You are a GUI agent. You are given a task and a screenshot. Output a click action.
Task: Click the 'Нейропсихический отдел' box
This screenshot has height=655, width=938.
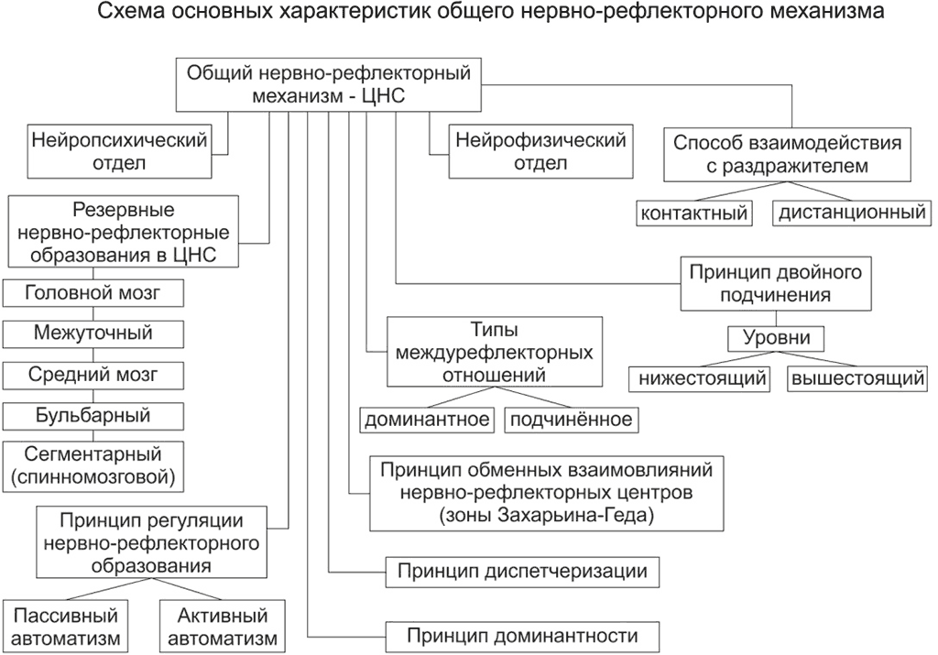pyautogui.click(x=119, y=151)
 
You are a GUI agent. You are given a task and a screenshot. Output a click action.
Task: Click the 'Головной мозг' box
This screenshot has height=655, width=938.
pyautogui.click(x=93, y=292)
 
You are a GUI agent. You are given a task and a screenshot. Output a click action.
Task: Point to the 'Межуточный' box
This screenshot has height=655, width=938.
pyautogui.click(x=93, y=333)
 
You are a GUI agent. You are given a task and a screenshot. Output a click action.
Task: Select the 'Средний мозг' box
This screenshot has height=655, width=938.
pyautogui.click(x=93, y=375)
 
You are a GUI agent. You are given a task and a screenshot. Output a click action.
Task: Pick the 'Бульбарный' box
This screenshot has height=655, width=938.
pyautogui.click(x=93, y=416)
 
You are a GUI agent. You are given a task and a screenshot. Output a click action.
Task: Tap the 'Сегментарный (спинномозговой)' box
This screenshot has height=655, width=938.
pyautogui.click(x=93, y=465)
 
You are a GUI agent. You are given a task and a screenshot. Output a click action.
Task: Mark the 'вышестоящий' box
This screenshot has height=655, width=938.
pyautogui.click(x=856, y=378)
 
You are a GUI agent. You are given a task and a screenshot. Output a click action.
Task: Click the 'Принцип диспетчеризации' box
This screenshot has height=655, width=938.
pyautogui.click(x=523, y=572)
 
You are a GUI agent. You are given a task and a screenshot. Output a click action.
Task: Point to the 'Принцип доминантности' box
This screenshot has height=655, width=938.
pyautogui.click(x=523, y=635)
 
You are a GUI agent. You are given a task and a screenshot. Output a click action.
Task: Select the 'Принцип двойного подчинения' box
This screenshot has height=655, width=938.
pyautogui.click(x=775, y=284)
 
